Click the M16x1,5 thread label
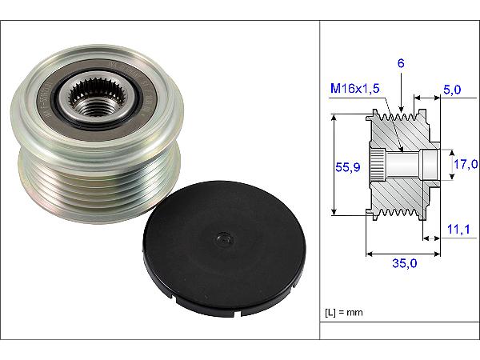[x=354, y=89]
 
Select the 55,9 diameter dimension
[x=348, y=167]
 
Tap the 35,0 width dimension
[x=404, y=263]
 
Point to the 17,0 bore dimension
[x=466, y=164]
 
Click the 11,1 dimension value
[x=458, y=229]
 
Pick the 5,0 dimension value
[x=452, y=90]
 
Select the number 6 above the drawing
[x=401, y=63]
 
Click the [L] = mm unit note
[x=344, y=313]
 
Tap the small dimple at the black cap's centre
[x=225, y=239]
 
